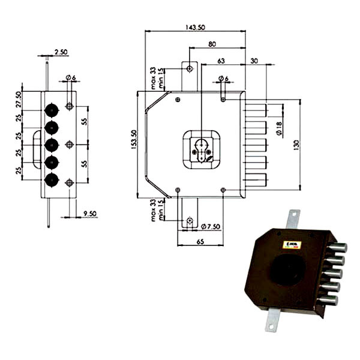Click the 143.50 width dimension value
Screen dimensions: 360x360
[195, 27]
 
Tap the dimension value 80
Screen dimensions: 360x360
[212, 44]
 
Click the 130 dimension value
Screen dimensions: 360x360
[296, 145]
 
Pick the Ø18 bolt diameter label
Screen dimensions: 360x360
[279, 127]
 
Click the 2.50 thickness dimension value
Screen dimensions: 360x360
[61, 52]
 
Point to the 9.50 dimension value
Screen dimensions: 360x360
[91, 212]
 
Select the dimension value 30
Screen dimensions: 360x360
[254, 60]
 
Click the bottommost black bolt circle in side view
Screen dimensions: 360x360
[52, 179]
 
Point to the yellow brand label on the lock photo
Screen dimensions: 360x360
[295, 243]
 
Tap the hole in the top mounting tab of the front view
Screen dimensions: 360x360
[190, 68]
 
